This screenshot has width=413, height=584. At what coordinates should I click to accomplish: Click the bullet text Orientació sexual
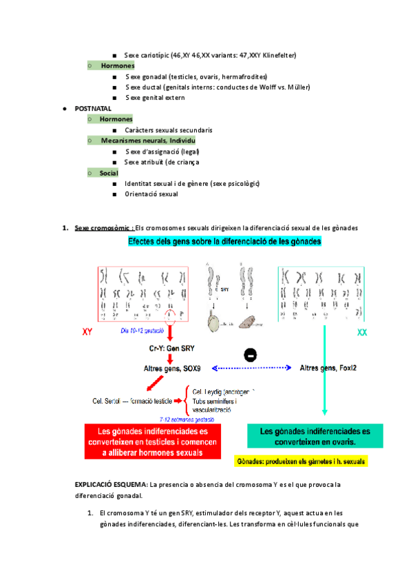[151, 194]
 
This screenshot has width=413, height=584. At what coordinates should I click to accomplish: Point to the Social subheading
[109, 173]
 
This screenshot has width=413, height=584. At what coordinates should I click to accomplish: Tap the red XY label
[88, 332]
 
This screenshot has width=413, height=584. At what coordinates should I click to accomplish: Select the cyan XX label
[362, 333]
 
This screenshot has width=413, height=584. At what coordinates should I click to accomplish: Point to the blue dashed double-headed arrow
[251, 368]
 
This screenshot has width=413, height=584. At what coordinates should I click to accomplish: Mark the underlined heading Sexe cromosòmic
[103, 228]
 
